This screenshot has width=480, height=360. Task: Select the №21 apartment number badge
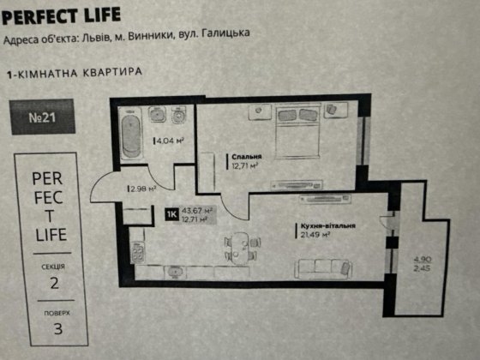pyautogui.click(x=44, y=117)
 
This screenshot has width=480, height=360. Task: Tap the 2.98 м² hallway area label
pyautogui.click(x=142, y=189)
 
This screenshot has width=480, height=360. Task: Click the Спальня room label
pyautogui.click(x=246, y=158)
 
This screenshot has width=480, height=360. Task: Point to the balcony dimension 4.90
pyautogui.click(x=419, y=258)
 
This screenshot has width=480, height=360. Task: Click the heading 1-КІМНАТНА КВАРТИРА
pyautogui.click(x=74, y=74)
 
